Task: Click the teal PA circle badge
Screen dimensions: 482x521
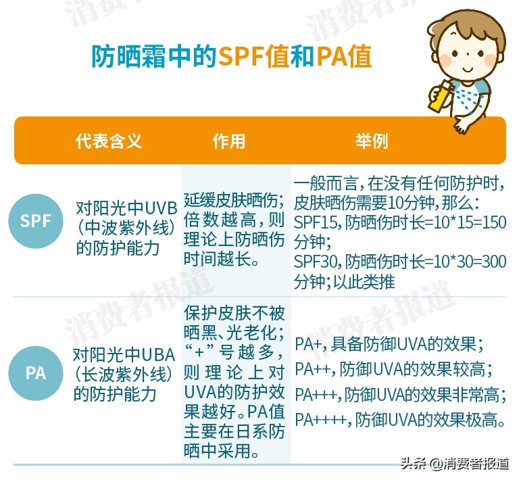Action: [x=36, y=372]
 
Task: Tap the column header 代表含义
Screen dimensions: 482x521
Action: [x=109, y=141]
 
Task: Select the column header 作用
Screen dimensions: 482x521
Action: [x=229, y=141]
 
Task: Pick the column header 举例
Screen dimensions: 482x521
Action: [x=372, y=141]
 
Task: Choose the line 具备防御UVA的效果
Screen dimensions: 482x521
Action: [x=412, y=343]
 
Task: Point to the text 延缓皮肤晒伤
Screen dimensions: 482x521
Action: [x=233, y=184]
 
